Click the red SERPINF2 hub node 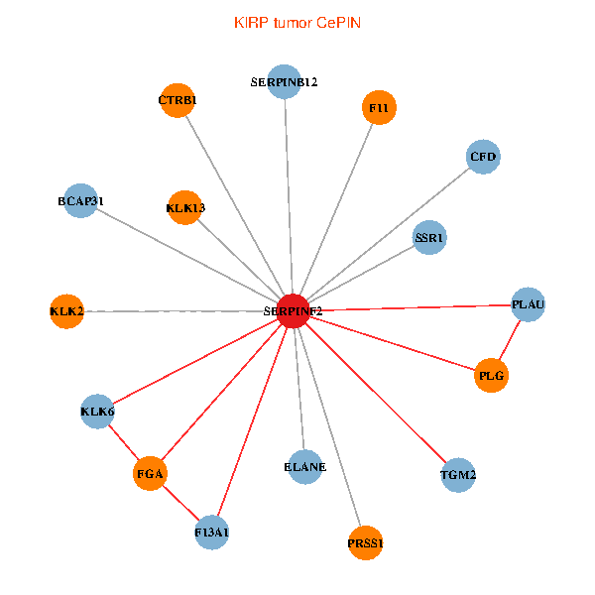point(293,310)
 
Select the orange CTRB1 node point(177,100)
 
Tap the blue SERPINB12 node point(285,82)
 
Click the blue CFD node point(482,157)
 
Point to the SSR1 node point(429,237)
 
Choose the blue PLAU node point(528,304)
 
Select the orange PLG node point(491,376)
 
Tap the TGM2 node point(457,475)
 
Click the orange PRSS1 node point(365,542)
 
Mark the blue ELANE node point(304,466)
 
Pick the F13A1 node point(212,533)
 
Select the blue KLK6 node point(97,411)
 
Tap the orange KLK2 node point(66,311)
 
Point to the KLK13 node point(185,207)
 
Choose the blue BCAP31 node point(80,201)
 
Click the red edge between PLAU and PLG point(510,340)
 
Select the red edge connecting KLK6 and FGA point(123,442)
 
